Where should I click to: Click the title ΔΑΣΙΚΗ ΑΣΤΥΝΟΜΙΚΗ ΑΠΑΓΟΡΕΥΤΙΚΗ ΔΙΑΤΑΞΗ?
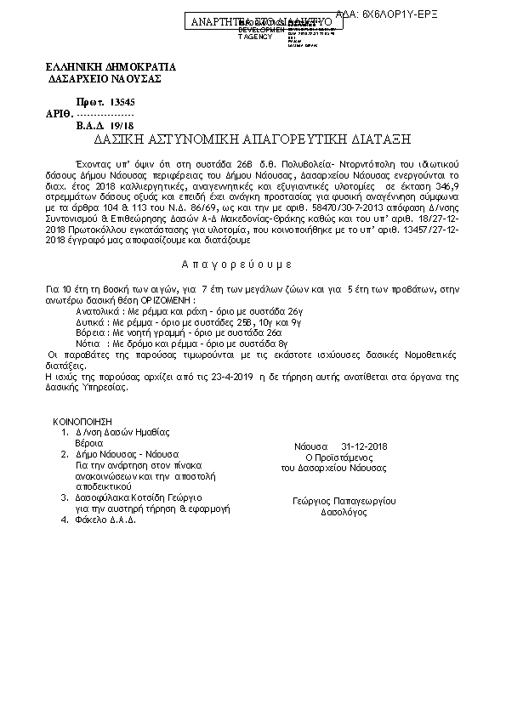coord(252,137)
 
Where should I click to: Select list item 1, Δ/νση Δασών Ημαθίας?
coord(122,432)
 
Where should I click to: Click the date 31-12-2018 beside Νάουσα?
coord(364,446)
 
